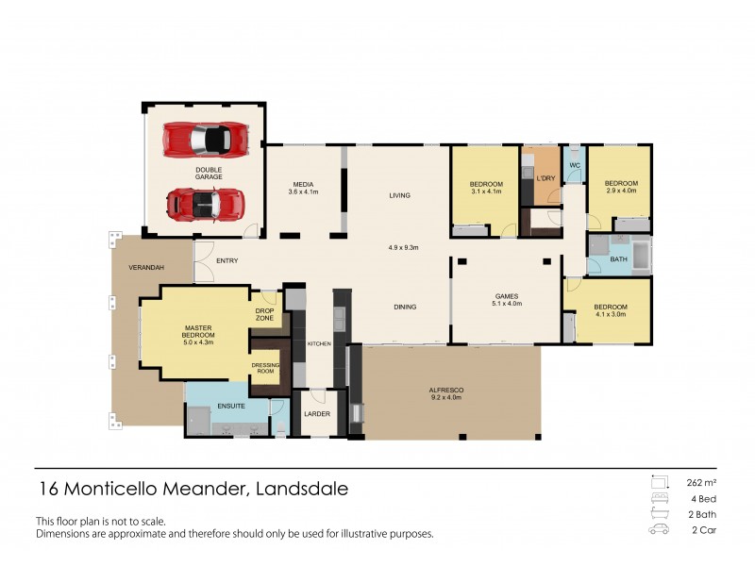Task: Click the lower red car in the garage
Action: [x=205, y=203]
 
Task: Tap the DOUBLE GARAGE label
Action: [x=209, y=174]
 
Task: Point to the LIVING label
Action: [x=400, y=196]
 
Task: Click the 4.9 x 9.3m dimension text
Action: [x=403, y=248]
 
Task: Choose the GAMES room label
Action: [x=507, y=296]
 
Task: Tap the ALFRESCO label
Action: [x=446, y=390]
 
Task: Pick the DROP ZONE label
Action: [x=265, y=314]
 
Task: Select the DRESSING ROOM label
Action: [x=264, y=367]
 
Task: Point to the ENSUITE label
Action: [x=231, y=407]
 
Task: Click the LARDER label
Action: [x=315, y=414]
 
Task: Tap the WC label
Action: [x=573, y=165]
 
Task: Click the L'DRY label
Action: [x=545, y=179]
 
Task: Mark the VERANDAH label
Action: [x=147, y=268]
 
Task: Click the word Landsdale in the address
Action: [x=301, y=490]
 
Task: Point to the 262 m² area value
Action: [x=699, y=482]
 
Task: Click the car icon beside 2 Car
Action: [x=658, y=530]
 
